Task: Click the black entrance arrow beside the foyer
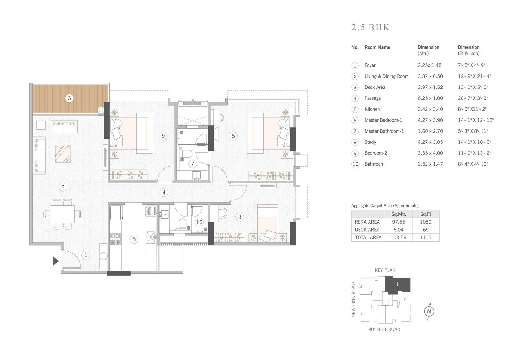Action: [x=56, y=261]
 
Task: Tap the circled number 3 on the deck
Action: [x=69, y=98]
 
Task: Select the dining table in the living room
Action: [x=62, y=214]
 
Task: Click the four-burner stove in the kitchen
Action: [x=115, y=239]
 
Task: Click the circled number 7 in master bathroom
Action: [x=192, y=164]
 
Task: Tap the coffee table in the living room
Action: [x=63, y=153]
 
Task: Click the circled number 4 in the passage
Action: [x=164, y=192]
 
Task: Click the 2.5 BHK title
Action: [x=370, y=27]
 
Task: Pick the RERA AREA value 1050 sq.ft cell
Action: [x=426, y=222]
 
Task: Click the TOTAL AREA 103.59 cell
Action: [x=398, y=237]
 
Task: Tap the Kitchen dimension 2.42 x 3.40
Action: [x=430, y=109]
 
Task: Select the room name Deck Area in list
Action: [x=375, y=87]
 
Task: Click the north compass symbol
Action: [x=429, y=311]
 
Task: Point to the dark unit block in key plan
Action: [x=398, y=285]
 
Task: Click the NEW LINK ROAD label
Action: [x=354, y=300]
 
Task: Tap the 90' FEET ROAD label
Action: [x=384, y=329]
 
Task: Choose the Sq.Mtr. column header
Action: [x=398, y=214]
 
